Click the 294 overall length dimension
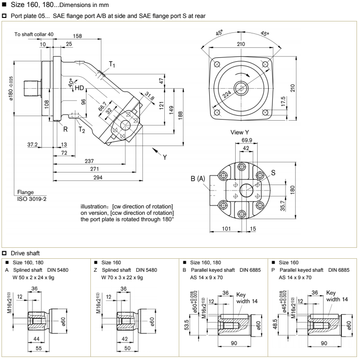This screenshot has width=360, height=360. [104, 178]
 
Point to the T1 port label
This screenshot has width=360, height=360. [113, 64]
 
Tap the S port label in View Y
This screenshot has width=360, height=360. [274, 174]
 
